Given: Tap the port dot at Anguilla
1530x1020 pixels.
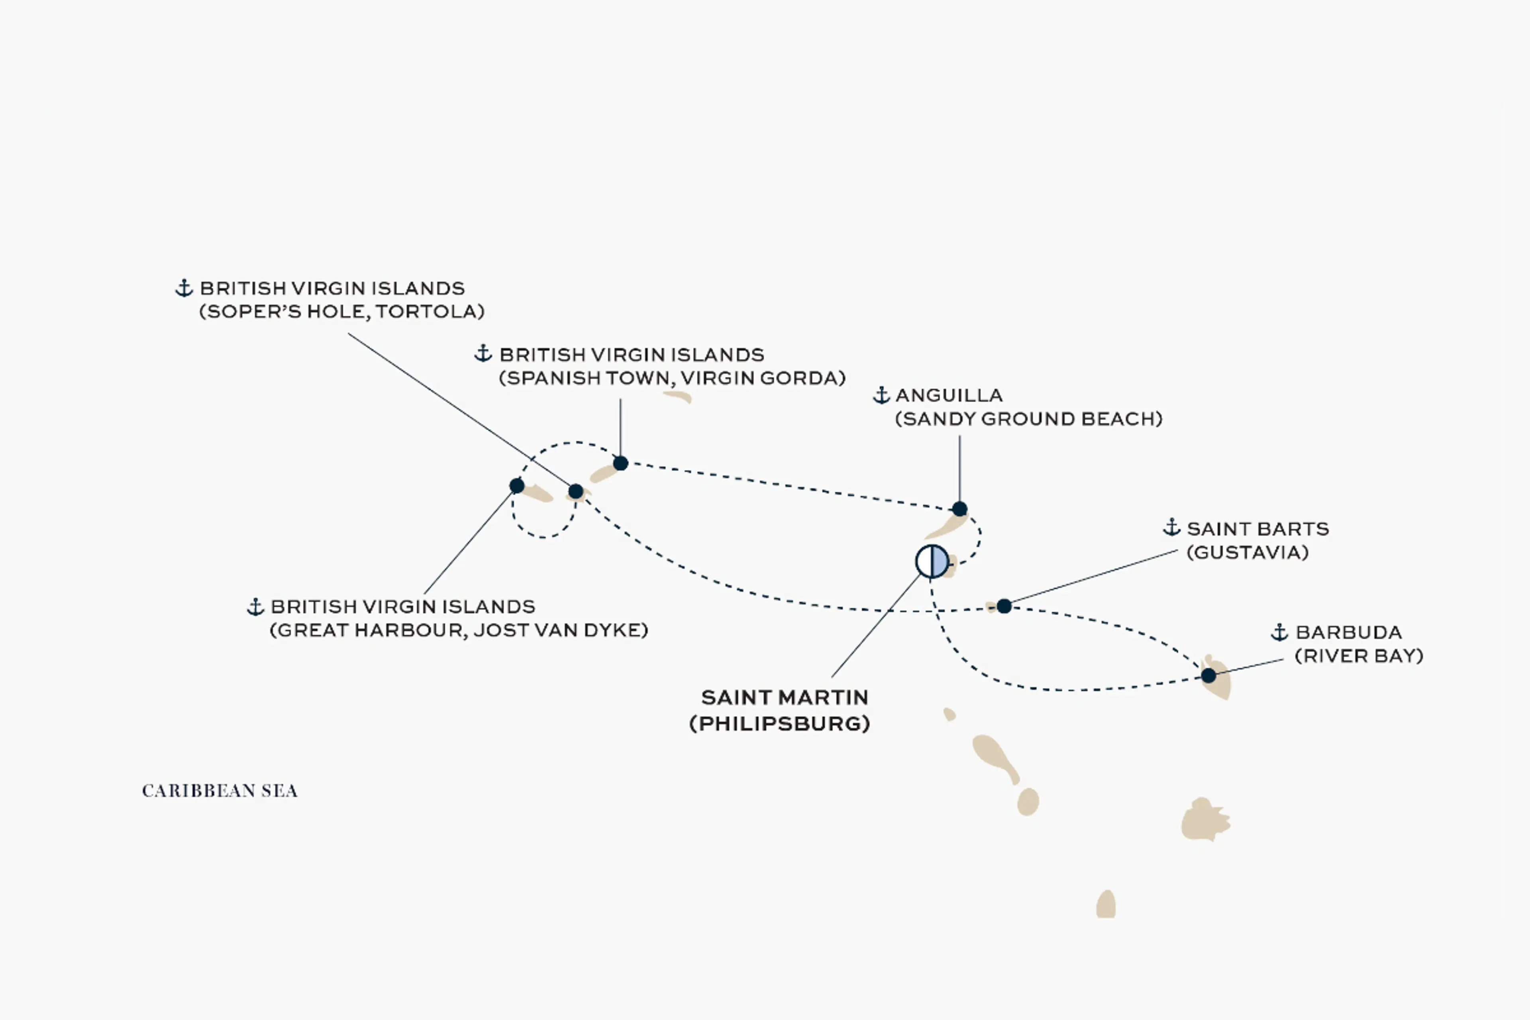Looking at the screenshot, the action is pyautogui.click(x=959, y=509).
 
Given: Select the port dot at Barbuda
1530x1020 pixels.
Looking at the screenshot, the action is pyautogui.click(x=1208, y=675).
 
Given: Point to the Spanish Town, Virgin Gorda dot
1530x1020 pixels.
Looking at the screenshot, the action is pyautogui.click(x=621, y=463).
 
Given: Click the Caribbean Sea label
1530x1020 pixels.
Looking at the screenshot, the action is pyautogui.click(x=220, y=790).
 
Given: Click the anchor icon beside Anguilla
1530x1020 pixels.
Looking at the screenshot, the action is pyautogui.click(x=881, y=395).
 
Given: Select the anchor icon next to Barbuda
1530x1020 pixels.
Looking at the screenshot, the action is pyautogui.click(x=1279, y=632).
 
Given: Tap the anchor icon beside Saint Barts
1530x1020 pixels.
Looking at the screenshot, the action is pyautogui.click(x=1171, y=528).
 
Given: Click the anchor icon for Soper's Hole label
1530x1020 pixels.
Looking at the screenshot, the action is pyautogui.click(x=184, y=288).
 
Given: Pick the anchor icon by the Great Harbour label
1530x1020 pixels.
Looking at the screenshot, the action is pyautogui.click(x=255, y=606).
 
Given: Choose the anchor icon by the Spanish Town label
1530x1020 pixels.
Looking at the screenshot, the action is pyautogui.click(x=483, y=354).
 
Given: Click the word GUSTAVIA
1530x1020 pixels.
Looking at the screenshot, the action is pyautogui.click(x=1248, y=552).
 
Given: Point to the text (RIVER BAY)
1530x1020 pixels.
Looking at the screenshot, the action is pyautogui.click(x=1359, y=656).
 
